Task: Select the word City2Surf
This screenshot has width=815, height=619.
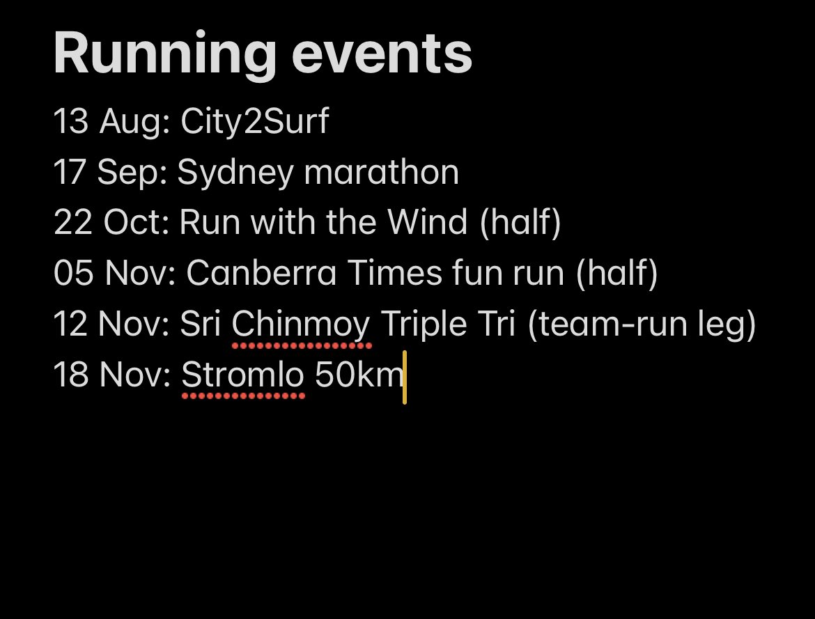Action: (254, 123)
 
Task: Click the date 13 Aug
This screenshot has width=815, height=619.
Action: (106, 123)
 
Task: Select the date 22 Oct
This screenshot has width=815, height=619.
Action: (108, 223)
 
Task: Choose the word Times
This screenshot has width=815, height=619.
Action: (395, 274)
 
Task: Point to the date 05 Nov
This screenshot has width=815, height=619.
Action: (109, 274)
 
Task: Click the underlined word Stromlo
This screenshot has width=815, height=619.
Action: (242, 376)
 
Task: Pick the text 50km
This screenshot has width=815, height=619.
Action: (359, 376)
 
